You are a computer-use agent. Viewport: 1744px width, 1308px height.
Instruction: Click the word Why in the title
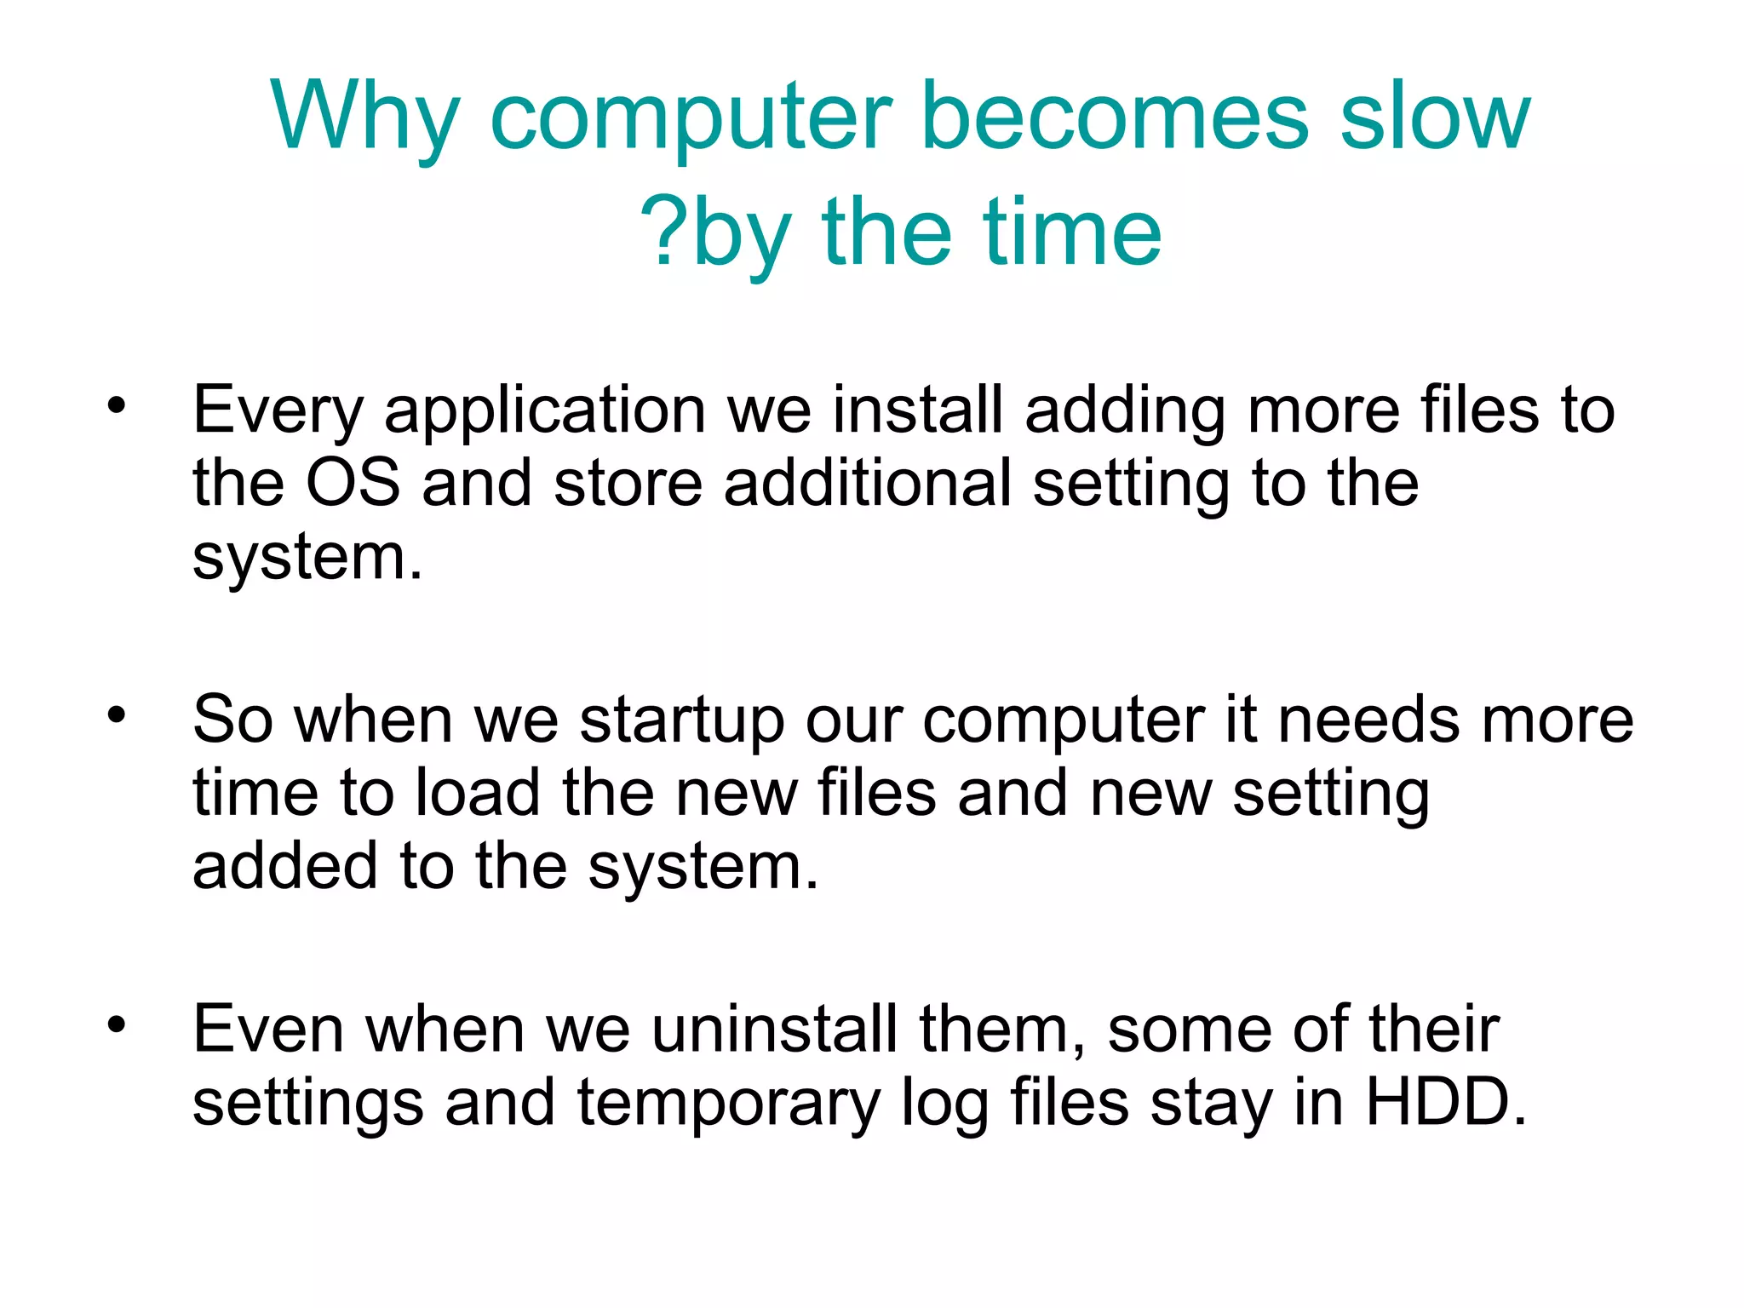[x=365, y=117]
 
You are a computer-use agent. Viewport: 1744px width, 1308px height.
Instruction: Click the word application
[x=545, y=411]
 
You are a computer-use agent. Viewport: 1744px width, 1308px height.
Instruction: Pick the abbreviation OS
[x=353, y=483]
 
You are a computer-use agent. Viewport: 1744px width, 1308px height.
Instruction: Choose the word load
[x=478, y=793]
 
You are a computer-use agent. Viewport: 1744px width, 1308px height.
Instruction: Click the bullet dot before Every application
[x=117, y=405]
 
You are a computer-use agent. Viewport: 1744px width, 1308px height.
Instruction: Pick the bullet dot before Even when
[x=117, y=1024]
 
